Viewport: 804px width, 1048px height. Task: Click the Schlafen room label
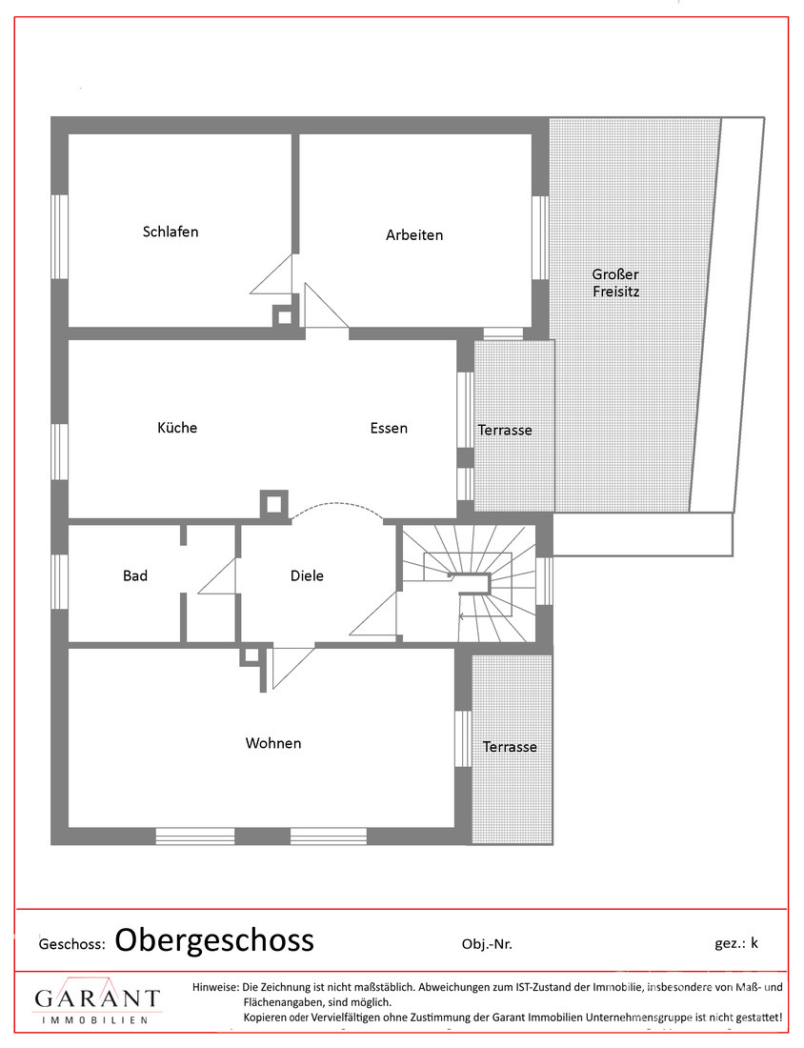171,232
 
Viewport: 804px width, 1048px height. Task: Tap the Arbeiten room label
414,234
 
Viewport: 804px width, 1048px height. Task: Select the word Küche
177,428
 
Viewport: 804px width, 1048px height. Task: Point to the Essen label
389,428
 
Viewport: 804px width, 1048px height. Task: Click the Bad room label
135,575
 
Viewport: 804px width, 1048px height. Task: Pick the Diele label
307,575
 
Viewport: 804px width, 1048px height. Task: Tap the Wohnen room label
273,743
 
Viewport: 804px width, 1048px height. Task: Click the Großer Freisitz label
615,283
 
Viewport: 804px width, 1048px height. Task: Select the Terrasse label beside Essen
505,431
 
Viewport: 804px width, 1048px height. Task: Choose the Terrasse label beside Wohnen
510,747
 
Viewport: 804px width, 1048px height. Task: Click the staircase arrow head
461,617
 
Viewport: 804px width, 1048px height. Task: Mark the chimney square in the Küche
274,505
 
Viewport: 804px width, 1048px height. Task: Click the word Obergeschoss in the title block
214,940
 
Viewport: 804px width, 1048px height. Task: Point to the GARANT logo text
96,998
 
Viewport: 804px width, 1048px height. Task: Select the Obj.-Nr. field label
487,944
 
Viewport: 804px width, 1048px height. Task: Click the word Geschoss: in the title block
70,944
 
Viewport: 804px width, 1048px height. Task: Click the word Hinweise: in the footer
216,987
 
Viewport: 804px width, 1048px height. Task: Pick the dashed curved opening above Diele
338,507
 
